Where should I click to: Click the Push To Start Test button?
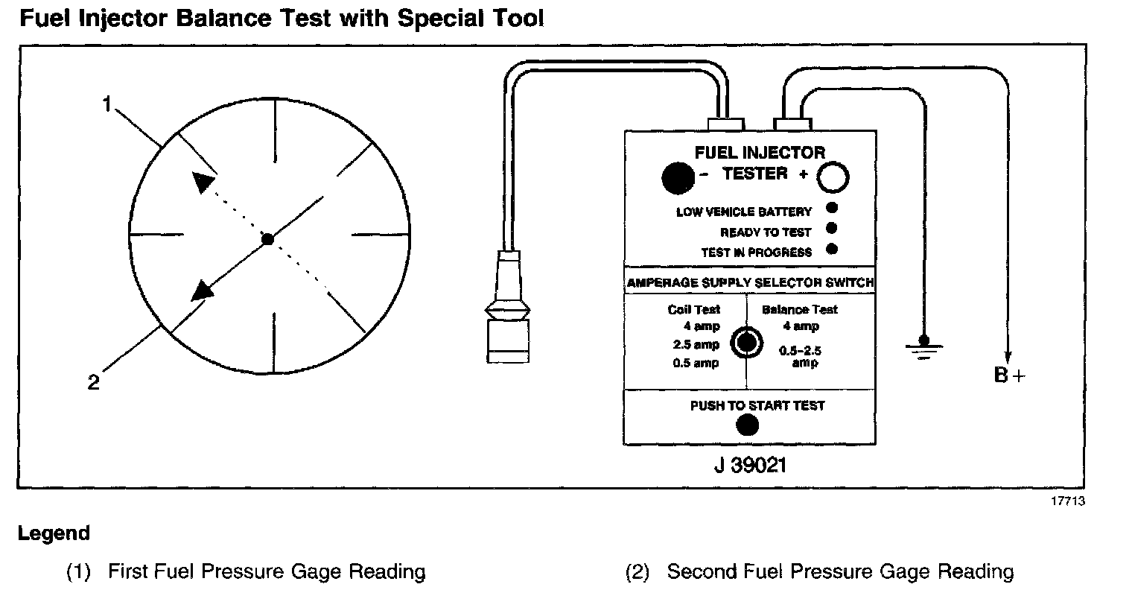(x=747, y=425)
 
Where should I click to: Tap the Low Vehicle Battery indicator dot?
(x=831, y=209)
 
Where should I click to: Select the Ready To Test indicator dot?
(x=831, y=229)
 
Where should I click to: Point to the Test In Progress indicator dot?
(x=831, y=249)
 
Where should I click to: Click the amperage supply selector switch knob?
(x=746, y=343)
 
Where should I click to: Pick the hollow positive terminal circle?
(x=833, y=177)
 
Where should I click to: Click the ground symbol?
(x=924, y=346)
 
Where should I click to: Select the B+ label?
(x=1009, y=375)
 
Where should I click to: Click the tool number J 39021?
(x=748, y=466)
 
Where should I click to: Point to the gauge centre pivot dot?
(x=268, y=238)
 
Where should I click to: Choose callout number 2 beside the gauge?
(x=93, y=383)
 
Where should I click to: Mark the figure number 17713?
(x=1067, y=501)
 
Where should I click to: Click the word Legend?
(x=54, y=533)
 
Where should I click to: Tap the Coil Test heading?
(x=694, y=310)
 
